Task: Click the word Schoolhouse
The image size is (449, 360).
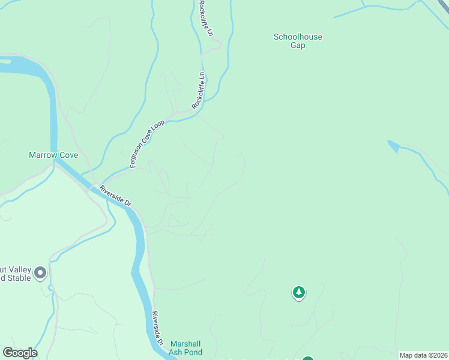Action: click(x=298, y=37)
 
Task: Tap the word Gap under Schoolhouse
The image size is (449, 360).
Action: click(x=298, y=46)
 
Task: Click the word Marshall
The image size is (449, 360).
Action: click(x=185, y=344)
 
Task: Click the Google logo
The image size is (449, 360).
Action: click(x=20, y=353)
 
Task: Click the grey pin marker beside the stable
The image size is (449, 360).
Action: click(x=40, y=273)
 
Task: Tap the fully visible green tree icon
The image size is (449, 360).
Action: click(x=298, y=293)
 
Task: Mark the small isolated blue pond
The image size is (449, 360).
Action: click(x=393, y=145)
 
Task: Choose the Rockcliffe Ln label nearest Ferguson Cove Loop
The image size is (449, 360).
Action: click(x=198, y=90)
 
